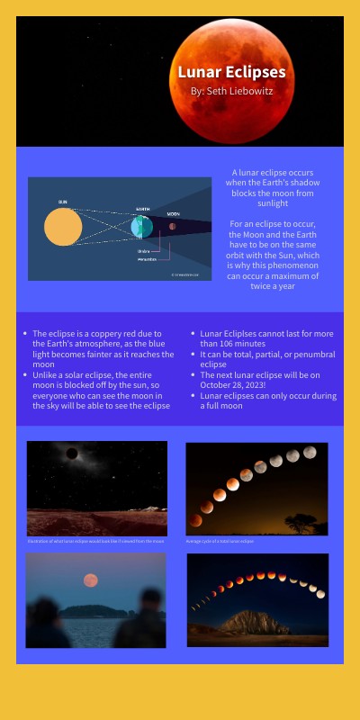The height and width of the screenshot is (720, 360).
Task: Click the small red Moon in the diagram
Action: [x=173, y=226]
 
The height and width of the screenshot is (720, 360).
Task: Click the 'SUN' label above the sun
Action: [x=63, y=202]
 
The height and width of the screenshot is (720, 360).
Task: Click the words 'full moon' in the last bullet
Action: [x=221, y=406]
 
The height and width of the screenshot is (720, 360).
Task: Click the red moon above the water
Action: [x=90, y=580]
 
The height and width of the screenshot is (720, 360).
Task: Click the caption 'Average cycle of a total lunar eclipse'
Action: [x=220, y=542]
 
